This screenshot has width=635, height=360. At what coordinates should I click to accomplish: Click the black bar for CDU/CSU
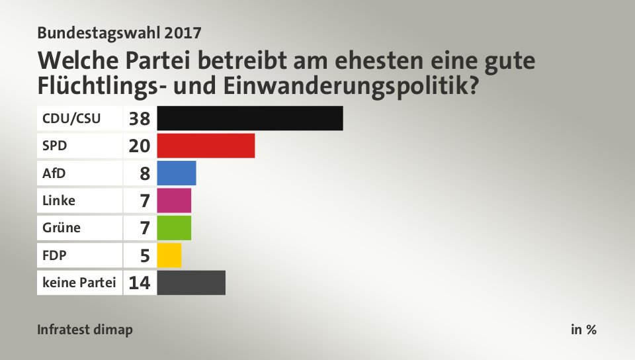coord(250,118)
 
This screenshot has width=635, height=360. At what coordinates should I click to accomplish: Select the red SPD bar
coord(206,146)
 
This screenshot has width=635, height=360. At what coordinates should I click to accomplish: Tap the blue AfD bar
coord(177,173)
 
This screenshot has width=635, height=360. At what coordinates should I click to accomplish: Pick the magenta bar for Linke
coord(174,201)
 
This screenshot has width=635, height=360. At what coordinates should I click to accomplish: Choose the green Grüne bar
coord(174,228)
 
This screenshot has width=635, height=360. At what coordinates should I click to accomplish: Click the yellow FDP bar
coord(169,255)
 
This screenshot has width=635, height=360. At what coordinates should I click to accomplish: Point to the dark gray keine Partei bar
coord(191,283)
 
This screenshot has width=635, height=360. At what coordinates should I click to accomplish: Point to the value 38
coord(140,119)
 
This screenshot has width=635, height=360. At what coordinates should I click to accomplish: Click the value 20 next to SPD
coord(140,146)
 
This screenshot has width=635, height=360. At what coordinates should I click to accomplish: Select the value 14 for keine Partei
coord(140,283)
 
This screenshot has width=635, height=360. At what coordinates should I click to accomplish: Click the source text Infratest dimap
coord(85,330)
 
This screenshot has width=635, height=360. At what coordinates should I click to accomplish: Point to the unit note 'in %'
coord(583,330)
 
